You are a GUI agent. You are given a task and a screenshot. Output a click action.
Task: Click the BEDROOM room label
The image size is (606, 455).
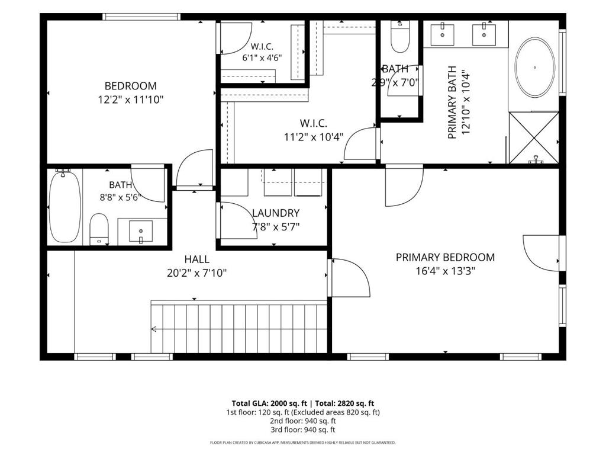pyautogui.click(x=131, y=86)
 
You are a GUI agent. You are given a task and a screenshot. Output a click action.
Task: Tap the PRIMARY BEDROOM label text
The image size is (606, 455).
pyautogui.click(x=445, y=257)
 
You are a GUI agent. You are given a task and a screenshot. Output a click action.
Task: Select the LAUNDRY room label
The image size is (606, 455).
pyautogui.click(x=276, y=213)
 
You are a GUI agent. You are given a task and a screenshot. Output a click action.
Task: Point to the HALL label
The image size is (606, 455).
pyautogui.click(x=196, y=259)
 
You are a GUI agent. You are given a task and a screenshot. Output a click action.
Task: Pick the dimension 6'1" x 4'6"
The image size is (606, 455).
pyautogui.click(x=262, y=58)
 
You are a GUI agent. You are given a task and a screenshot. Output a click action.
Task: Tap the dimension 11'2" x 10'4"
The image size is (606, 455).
pyautogui.click(x=314, y=137)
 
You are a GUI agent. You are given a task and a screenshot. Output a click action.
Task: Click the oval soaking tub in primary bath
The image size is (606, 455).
pyautogui.click(x=535, y=68)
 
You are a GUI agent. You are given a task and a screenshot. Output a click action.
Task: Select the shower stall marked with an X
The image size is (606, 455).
pyautogui.click(x=534, y=137)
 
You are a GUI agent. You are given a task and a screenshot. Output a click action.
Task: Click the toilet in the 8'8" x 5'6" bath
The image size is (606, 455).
pyautogui.click(x=99, y=229)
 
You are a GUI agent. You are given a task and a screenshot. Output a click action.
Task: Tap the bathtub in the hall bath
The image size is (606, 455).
pyautogui.click(x=65, y=206)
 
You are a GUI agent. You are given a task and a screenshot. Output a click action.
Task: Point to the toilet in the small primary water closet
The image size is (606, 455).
pyautogui.click(x=400, y=37)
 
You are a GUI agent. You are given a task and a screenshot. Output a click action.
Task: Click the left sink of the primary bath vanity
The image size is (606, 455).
pyautogui.click(x=442, y=34)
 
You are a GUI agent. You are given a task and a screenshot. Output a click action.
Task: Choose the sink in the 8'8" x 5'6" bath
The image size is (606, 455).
pyautogui.click(x=141, y=232)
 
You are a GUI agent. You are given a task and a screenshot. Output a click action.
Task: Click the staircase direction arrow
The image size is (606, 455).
pyautogui.click(x=154, y=329)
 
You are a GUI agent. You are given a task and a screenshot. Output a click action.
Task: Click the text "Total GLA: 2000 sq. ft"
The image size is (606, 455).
pyautogui.click(x=269, y=403)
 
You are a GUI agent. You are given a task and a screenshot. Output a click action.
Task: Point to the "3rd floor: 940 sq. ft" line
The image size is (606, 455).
pyautogui.click(x=303, y=430)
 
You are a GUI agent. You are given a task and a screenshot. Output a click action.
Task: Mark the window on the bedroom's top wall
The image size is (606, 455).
pyautogui.click(x=142, y=17)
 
